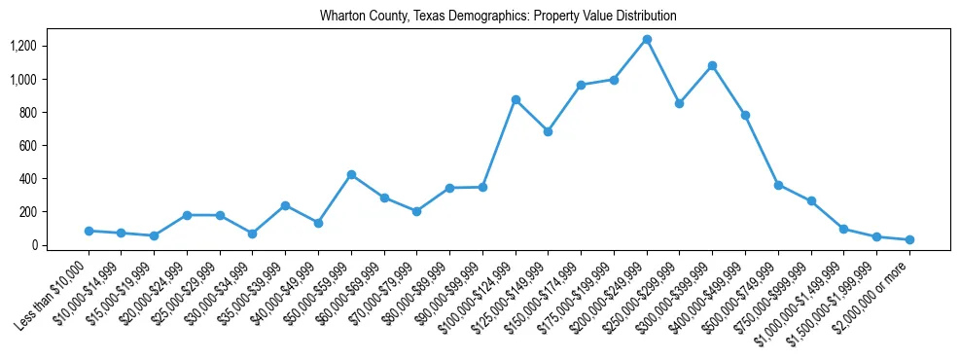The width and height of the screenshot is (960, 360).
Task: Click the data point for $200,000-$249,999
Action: click(647, 40)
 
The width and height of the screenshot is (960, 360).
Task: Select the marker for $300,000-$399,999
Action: click(712, 66)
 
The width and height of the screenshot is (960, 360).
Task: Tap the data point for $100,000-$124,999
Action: click(516, 100)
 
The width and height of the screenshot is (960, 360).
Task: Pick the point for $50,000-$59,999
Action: click(351, 175)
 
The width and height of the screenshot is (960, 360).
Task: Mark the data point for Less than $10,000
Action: click(89, 232)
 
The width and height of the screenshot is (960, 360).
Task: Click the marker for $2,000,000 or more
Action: click(909, 239)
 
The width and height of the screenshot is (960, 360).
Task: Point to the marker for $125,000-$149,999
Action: click(548, 131)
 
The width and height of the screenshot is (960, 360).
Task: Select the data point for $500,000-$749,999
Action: click(778, 185)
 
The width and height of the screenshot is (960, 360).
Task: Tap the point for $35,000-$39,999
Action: click(285, 205)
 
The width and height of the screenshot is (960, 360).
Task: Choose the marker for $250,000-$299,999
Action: click(679, 103)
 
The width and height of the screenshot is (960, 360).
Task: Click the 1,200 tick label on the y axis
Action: click(22, 46)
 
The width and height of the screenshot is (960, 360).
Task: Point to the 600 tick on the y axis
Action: click(26, 146)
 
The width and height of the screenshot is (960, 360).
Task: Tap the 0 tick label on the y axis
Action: click(33, 245)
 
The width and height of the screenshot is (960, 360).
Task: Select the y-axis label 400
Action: click(26, 179)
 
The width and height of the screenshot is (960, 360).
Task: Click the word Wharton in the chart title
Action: click(340, 17)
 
